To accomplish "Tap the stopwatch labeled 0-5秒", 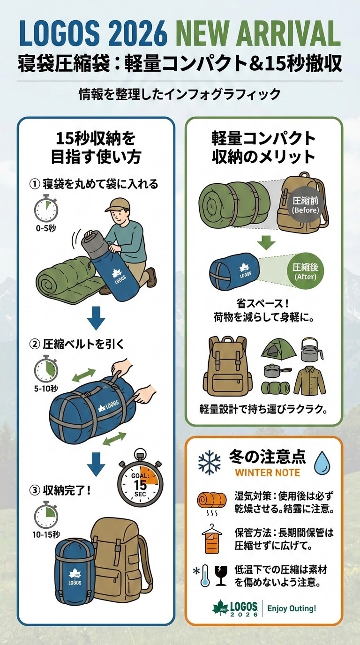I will tap(45, 210).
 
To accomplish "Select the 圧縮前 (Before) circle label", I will tap(305, 205).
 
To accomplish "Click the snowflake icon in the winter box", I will tap(209, 462).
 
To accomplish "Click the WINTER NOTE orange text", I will tap(267, 472).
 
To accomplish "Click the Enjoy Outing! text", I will tap(292, 609).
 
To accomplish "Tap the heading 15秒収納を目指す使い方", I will tap(96, 148).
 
